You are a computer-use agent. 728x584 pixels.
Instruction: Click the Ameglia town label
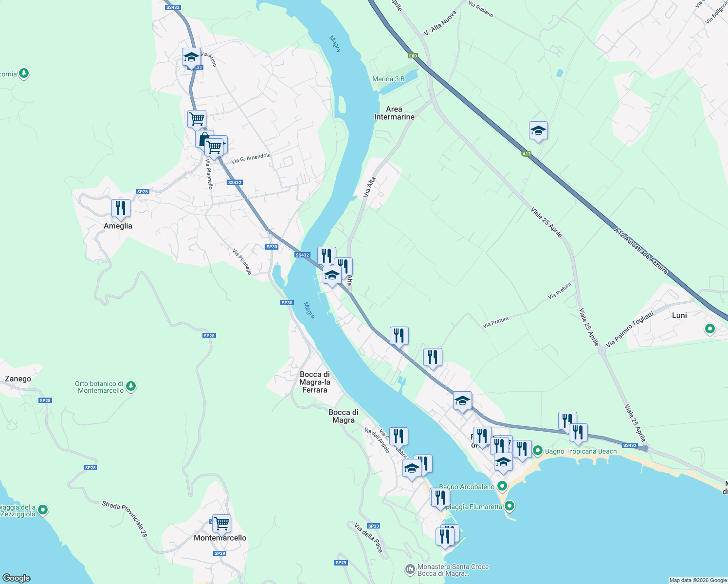pos(118,226)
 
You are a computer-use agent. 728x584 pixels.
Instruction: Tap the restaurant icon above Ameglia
pos(120,208)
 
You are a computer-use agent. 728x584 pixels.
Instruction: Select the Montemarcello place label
pos(220,538)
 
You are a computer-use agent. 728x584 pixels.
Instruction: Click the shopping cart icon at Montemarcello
pos(221,524)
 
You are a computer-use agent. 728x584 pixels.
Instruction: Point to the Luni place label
pos(679,315)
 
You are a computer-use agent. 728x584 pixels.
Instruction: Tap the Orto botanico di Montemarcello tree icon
pos(130,386)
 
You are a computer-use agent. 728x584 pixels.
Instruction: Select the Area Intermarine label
pos(394,113)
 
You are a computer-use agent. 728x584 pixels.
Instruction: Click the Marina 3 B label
pos(388,79)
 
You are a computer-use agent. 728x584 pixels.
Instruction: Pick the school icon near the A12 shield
pos(538,131)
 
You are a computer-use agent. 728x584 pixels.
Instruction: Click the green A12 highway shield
pos(526,154)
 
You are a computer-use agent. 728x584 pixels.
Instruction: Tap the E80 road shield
pos(413,56)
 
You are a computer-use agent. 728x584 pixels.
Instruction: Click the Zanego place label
pos(18,379)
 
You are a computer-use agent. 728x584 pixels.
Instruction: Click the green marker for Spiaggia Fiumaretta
pos(510,506)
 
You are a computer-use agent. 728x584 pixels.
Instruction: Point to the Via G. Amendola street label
pos(251,158)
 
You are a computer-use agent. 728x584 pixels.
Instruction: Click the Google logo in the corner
pos(17,578)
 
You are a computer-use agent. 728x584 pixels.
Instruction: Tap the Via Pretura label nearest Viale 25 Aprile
pos(559,291)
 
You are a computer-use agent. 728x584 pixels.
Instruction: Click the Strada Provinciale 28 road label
pos(125,519)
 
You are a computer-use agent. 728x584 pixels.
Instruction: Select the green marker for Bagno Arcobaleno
pos(502,486)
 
